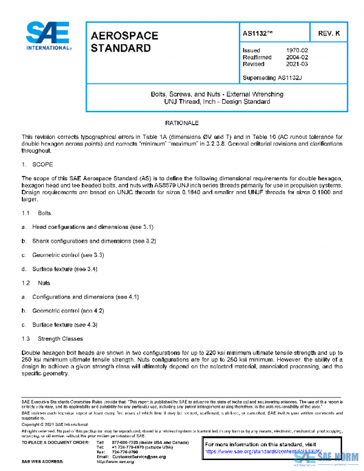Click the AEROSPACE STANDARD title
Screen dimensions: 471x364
click(124, 41)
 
